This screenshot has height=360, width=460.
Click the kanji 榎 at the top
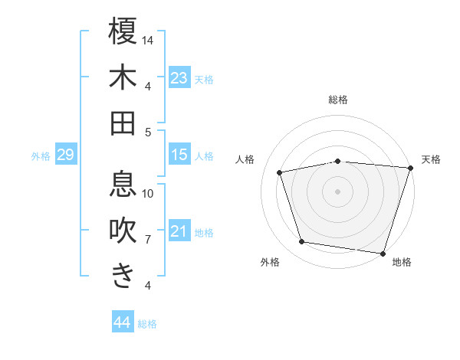point(123,31)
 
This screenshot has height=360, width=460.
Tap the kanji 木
point(123,77)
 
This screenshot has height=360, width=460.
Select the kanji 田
point(123,123)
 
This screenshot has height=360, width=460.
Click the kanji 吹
point(123,230)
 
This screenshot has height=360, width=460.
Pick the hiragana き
point(123,276)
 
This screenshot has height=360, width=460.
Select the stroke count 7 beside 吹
point(148,239)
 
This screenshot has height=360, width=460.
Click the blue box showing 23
point(179,78)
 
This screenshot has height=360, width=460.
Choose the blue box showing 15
point(179,155)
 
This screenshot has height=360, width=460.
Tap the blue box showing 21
point(179,231)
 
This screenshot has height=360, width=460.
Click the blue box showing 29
point(65,155)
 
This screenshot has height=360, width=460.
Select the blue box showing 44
point(122,322)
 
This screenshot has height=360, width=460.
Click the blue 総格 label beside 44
point(147,324)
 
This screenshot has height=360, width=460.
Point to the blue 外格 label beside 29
point(41,156)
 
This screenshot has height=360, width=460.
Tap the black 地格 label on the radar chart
point(401,262)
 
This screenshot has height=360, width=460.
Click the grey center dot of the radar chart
point(337,191)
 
